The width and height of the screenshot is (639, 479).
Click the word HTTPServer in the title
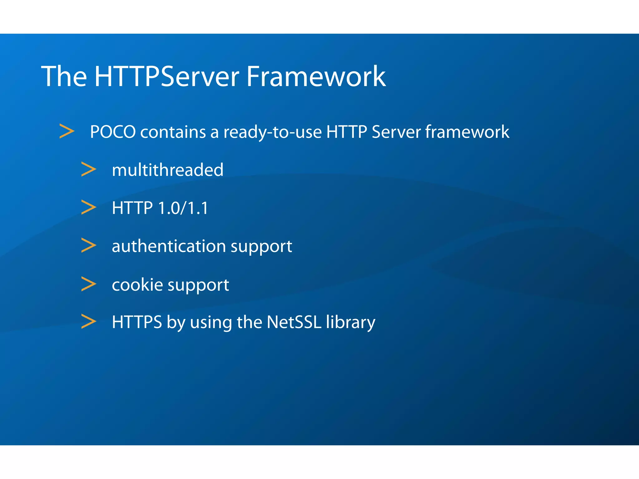[167, 76]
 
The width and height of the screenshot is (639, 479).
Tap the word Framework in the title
[316, 76]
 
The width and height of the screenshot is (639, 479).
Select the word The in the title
[64, 76]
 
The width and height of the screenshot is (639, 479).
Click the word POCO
[113, 132]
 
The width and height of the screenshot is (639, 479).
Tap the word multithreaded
[168, 170]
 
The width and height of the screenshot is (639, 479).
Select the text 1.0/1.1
[183, 208]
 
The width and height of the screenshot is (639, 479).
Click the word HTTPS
[137, 322]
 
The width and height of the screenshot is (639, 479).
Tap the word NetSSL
[294, 322]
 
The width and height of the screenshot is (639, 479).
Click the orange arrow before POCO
[67, 131]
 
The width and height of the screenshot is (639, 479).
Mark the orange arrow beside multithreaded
[89, 169]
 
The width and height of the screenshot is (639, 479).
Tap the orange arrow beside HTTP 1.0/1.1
[89, 207]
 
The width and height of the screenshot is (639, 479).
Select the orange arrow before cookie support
[89, 284]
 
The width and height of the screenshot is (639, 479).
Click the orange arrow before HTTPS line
[89, 322]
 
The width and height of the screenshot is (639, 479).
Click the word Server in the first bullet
[396, 132]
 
